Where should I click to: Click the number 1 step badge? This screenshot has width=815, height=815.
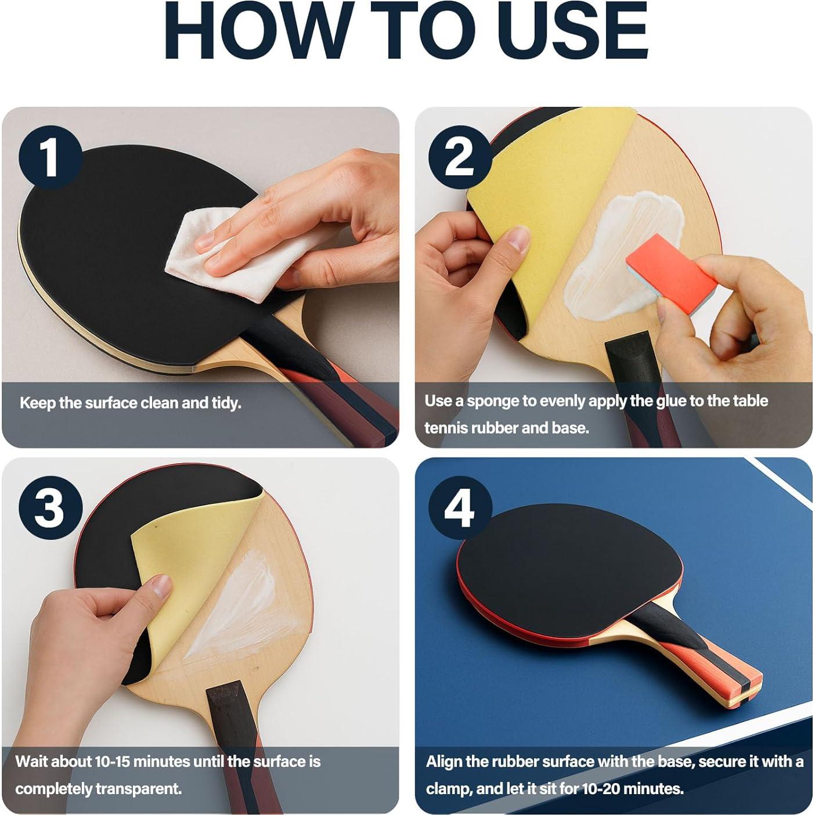click(50, 157)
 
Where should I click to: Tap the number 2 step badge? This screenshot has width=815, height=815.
click(459, 157)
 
